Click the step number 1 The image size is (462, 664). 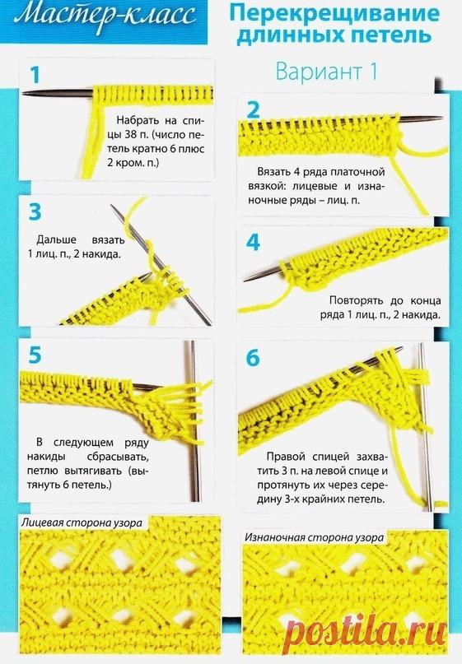(35, 75)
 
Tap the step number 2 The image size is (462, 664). (253, 109)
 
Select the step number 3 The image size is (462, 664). (35, 212)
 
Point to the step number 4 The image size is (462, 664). (253, 243)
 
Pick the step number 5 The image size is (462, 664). (35, 355)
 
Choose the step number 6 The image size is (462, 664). (253, 358)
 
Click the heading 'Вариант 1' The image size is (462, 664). (326, 71)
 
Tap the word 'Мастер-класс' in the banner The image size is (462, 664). (105, 16)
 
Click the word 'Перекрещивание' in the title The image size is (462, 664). (334, 14)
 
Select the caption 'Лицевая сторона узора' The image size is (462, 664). (82, 522)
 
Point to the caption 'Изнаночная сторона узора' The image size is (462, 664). (314, 537)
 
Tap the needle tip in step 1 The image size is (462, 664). (23, 92)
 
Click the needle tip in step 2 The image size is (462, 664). (442, 118)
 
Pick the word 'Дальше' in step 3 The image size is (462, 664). (56, 239)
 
